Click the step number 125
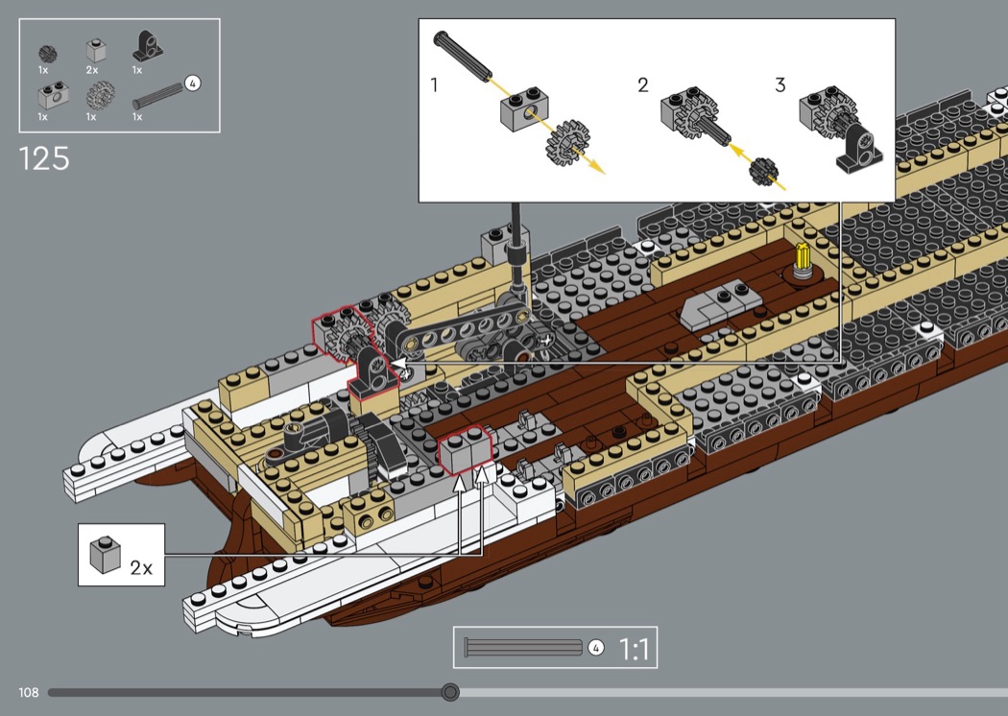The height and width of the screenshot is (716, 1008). (x=44, y=158)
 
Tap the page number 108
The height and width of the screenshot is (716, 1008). (x=28, y=692)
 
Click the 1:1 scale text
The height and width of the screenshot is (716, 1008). (x=634, y=649)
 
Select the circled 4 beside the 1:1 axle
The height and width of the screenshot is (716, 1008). (x=596, y=647)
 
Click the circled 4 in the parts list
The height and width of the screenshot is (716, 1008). (x=192, y=83)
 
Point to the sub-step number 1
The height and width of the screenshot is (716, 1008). (x=435, y=84)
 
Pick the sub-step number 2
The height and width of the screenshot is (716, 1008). (x=643, y=84)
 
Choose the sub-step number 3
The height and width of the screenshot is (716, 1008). (x=780, y=84)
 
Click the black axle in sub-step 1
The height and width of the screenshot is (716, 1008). (x=462, y=55)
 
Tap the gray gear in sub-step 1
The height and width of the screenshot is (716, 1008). (x=567, y=143)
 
